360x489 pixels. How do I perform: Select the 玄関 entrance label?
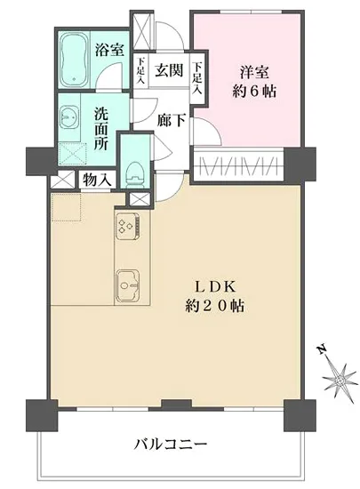click(x=169, y=69)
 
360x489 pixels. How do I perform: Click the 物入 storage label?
click(x=98, y=180)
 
